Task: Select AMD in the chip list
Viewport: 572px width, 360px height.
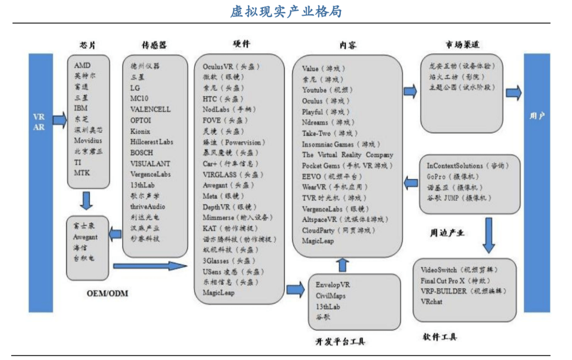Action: [x=82, y=66]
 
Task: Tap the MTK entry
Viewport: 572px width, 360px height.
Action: [x=82, y=173]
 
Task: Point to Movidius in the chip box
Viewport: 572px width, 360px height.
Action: [x=88, y=140]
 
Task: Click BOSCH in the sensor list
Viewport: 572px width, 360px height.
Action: [x=142, y=152]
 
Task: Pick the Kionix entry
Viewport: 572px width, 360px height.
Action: [x=140, y=131]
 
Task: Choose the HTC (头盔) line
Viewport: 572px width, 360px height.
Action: [x=222, y=99]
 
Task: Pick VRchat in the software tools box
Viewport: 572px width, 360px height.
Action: [x=431, y=301]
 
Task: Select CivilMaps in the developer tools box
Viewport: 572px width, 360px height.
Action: [x=330, y=295]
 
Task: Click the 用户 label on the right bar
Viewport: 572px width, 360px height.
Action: [x=537, y=115]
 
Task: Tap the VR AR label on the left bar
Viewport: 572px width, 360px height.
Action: [x=39, y=121]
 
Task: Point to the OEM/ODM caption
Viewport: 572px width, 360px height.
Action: [x=107, y=293]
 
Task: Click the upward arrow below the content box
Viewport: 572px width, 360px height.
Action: [x=343, y=264]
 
